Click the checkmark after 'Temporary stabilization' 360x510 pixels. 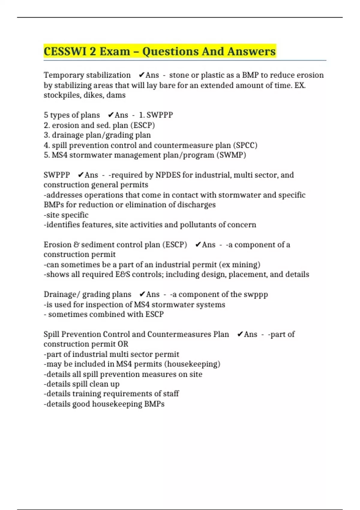[142, 75]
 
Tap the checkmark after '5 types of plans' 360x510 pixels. [111, 115]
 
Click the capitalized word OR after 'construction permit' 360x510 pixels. [123, 344]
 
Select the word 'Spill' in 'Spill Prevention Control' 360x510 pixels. [51, 334]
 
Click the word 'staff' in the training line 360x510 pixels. [171, 394]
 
